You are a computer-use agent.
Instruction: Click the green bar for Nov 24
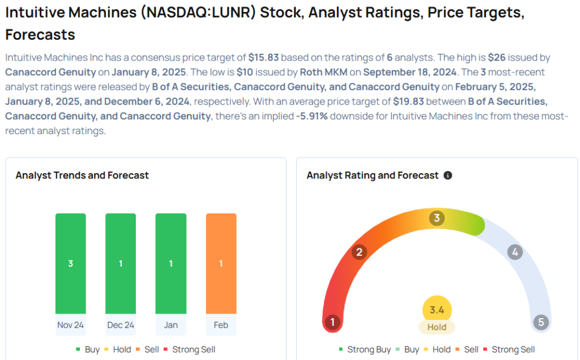click(70, 263)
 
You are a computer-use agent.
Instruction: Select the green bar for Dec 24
click(121, 263)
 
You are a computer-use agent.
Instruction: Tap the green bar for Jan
click(170, 263)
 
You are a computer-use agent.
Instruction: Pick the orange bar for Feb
click(221, 263)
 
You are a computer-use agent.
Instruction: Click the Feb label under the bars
click(221, 325)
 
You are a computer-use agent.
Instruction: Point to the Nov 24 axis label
click(70, 325)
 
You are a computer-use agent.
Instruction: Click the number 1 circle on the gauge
click(332, 323)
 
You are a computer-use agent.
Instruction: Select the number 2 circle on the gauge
click(359, 252)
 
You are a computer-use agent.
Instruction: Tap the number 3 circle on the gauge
click(436, 218)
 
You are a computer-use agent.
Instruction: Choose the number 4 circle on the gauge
click(514, 252)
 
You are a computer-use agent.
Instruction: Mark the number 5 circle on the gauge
click(541, 323)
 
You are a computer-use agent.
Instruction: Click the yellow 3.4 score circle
click(437, 310)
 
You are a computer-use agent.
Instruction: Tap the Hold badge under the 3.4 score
click(437, 327)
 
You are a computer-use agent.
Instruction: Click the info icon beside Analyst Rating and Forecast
click(447, 175)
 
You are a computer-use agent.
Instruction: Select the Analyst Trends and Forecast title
click(82, 175)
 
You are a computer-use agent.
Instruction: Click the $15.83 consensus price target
click(265, 58)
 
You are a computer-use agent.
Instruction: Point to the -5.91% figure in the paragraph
click(310, 116)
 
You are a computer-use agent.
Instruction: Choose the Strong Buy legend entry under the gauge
click(365, 350)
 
